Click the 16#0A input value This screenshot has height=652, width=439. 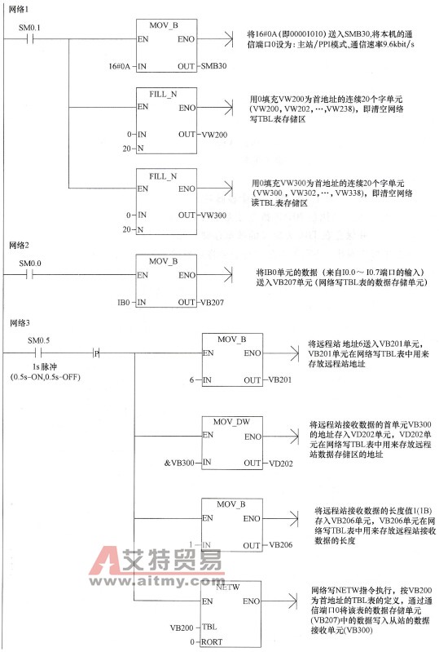tap(121, 64)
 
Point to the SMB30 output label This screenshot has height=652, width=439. tap(213, 64)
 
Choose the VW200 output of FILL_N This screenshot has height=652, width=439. tap(213, 132)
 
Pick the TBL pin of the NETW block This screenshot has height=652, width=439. tap(210, 628)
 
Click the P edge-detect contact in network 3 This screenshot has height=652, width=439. tap(96, 353)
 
